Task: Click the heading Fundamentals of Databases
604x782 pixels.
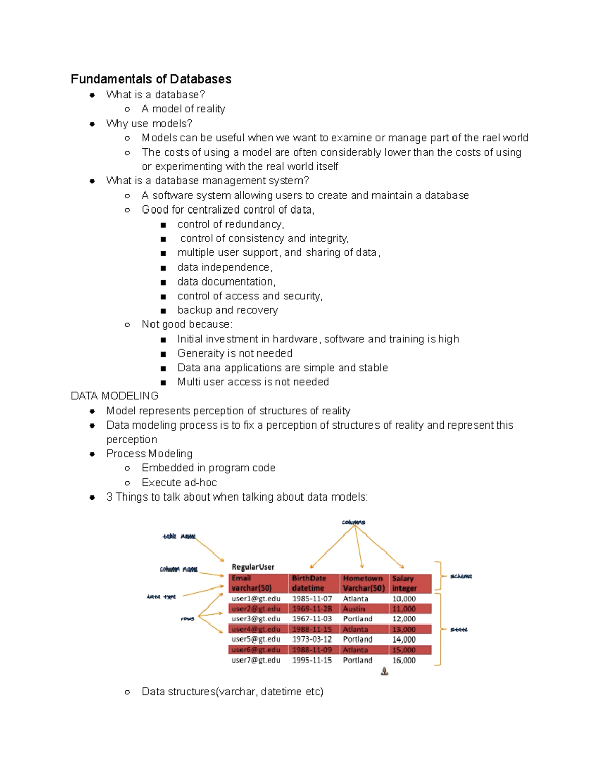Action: point(151,79)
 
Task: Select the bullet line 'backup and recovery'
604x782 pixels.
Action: point(228,310)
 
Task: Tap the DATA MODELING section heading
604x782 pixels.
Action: point(115,396)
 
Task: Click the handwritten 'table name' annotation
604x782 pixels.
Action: point(179,537)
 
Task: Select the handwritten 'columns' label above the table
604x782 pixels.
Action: point(353,522)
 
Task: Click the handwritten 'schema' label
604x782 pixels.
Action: point(461,576)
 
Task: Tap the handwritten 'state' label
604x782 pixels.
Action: point(459,630)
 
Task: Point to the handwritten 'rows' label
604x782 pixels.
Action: point(187,619)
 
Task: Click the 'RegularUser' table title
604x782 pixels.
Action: point(253,567)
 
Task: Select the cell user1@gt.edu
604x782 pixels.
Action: point(256,599)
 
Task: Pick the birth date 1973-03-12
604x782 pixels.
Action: point(312,639)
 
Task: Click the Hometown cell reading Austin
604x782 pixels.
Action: point(354,609)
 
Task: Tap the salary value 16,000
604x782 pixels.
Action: point(404,660)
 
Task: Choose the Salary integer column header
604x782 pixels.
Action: point(405,583)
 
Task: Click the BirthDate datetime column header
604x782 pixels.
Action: point(309,583)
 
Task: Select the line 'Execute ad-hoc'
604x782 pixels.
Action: point(179,483)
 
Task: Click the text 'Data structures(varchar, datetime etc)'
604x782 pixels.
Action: point(232,692)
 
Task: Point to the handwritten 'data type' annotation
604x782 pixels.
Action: point(162,597)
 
